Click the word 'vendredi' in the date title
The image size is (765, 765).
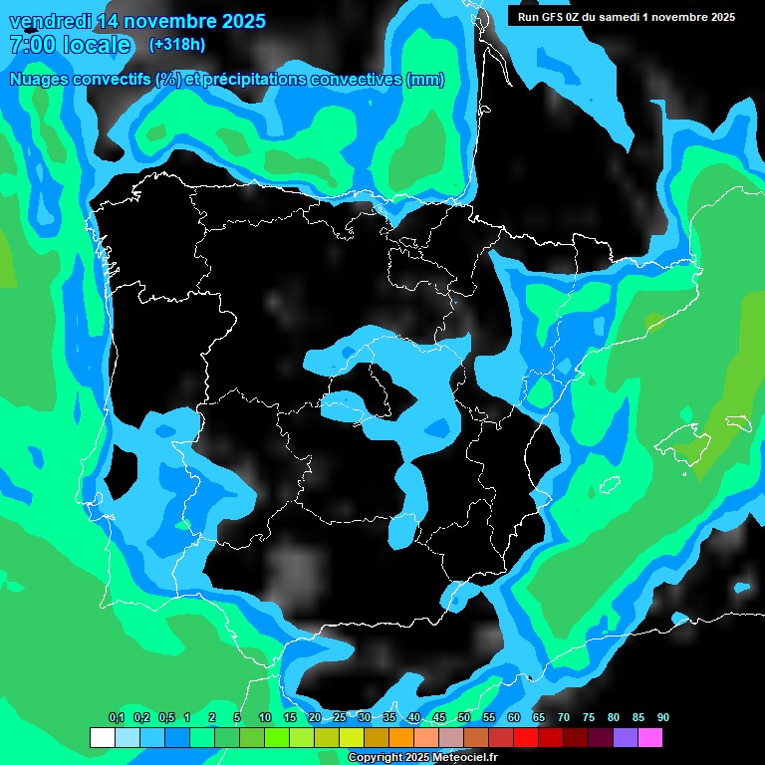[x=49, y=21]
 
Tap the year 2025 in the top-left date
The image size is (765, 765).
[x=238, y=21]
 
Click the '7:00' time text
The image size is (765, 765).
[x=33, y=45]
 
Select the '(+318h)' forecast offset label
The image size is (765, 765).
[x=176, y=45]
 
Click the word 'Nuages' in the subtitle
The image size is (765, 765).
[x=39, y=80]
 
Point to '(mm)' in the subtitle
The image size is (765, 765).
[x=425, y=80]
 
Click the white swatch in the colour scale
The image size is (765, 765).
[x=102, y=738]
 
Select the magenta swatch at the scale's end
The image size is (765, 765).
[x=650, y=738]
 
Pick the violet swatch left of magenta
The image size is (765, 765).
[x=626, y=738]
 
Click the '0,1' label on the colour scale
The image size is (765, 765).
[x=117, y=718]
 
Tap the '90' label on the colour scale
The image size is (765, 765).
[x=663, y=718]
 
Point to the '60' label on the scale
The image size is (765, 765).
[x=514, y=718]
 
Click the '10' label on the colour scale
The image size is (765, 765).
[x=264, y=718]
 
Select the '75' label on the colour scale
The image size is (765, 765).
[x=589, y=718]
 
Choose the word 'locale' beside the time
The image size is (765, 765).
[x=95, y=45]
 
